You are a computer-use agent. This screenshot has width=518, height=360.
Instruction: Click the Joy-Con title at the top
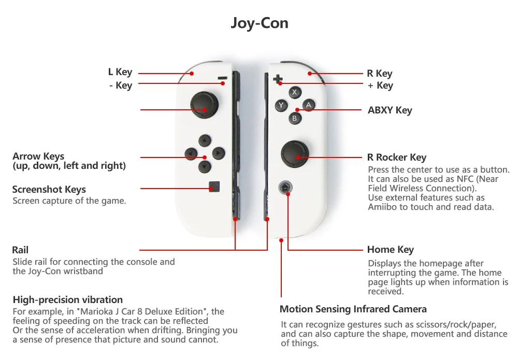[x=259, y=23]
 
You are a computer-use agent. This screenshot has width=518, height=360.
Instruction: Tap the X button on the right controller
[x=295, y=93]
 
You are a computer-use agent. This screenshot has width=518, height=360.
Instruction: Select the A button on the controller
[x=309, y=105]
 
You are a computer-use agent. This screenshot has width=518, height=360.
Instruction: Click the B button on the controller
[x=295, y=118]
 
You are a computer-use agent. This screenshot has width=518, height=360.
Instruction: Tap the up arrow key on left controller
[x=205, y=140]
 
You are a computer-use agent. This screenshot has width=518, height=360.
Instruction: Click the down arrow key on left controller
[x=205, y=167]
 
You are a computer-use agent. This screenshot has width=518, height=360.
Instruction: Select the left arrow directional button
[x=192, y=153]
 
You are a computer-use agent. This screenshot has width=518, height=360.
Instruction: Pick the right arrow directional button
[x=219, y=153]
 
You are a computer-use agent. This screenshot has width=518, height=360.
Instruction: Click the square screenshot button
[x=214, y=187]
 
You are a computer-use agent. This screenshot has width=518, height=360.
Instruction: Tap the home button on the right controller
[x=284, y=188]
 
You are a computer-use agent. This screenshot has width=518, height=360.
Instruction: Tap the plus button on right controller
[x=278, y=79]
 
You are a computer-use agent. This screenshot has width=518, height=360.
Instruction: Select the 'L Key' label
[x=120, y=72]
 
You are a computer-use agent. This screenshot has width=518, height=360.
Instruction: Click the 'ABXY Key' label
[x=390, y=110]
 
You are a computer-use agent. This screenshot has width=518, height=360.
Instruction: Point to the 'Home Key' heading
[x=390, y=250]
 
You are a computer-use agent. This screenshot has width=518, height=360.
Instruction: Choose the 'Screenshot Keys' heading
[x=49, y=190]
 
